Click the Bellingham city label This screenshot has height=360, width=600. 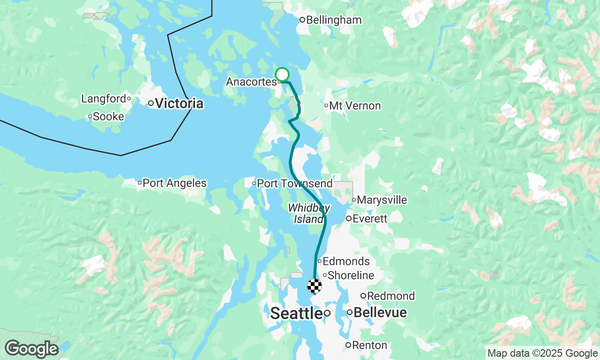point(334,20)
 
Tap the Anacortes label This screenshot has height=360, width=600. point(251,82)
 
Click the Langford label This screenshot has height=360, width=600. point(104,99)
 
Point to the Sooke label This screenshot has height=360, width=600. point(108,116)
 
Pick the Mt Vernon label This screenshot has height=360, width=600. point(355,106)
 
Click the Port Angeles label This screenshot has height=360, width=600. point(174,183)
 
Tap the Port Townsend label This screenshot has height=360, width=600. point(295,183)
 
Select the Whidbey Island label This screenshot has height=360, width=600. point(306,213)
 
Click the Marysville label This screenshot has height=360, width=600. point(382,200)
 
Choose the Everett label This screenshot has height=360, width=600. point(370,219)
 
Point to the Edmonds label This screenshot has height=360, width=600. point(346,262)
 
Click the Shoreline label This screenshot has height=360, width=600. point(351,276)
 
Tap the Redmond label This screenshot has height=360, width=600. point(391,296)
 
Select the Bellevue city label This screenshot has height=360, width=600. point(380,313)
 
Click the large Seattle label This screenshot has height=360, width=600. point(297,313)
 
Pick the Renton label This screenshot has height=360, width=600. point(369,345)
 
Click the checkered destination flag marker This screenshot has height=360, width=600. point(315,285)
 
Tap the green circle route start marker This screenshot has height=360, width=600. point(282,75)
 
